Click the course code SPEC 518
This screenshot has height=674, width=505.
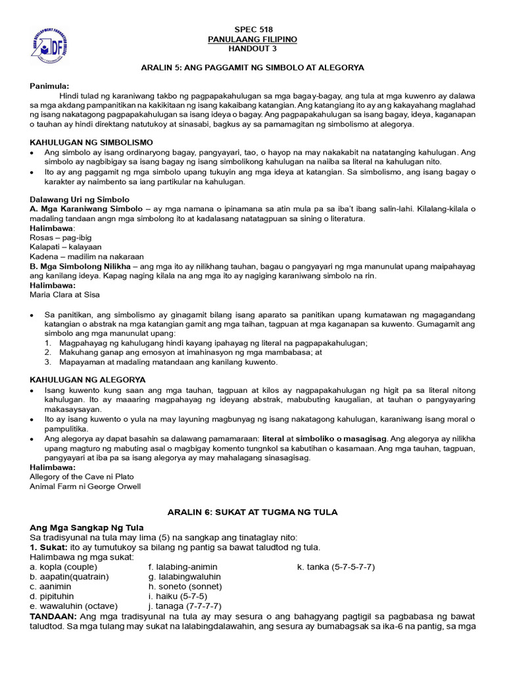point(253,30)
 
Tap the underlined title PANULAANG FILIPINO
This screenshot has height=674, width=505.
point(253,39)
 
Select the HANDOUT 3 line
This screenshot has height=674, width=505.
point(253,49)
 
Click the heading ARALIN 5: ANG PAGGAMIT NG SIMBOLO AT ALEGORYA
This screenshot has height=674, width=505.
point(253,68)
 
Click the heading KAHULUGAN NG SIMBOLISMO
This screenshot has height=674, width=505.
point(91,142)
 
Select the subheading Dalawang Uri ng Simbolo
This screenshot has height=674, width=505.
point(80,199)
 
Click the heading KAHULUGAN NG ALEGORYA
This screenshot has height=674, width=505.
point(88,380)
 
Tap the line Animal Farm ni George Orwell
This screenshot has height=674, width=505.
point(85,486)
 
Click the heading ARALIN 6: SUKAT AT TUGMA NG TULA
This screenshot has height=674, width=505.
point(253,512)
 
